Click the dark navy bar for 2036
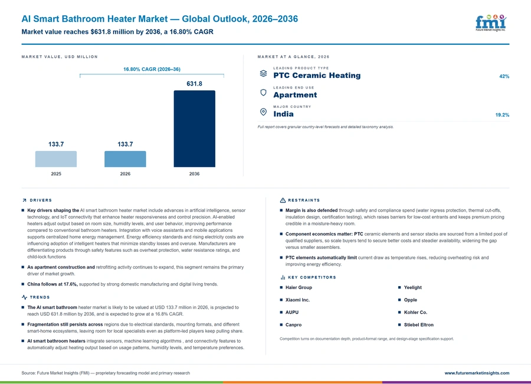pyautogui.click(x=194, y=129)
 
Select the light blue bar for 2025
pyautogui.click(x=56, y=159)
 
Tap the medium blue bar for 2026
pyautogui.click(x=125, y=159)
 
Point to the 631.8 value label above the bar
pyautogui.click(x=194, y=84)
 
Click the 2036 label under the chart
pyautogui.click(x=194, y=173)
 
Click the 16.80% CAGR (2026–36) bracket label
pyautogui.click(x=152, y=69)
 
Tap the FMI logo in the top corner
pyautogui.click(x=491, y=22)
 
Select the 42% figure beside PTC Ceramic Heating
pyautogui.click(x=504, y=77)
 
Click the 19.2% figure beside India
pyautogui.click(x=502, y=115)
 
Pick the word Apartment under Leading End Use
pyautogui.click(x=296, y=95)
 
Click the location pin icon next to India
pyautogui.click(x=263, y=111)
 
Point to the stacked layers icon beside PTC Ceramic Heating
pyautogui.click(x=263, y=74)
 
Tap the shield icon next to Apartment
pyautogui.click(x=263, y=93)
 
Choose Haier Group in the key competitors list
pyautogui.click(x=299, y=287)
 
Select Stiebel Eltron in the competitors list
pyautogui.click(x=418, y=325)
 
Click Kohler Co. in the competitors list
pyautogui.click(x=415, y=312)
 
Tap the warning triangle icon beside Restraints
pyautogui.click(x=283, y=200)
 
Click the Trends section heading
pyautogui.click(x=40, y=297)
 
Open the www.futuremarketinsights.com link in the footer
pyautogui.click(x=477, y=373)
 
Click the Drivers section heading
pyautogui.click(x=41, y=200)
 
